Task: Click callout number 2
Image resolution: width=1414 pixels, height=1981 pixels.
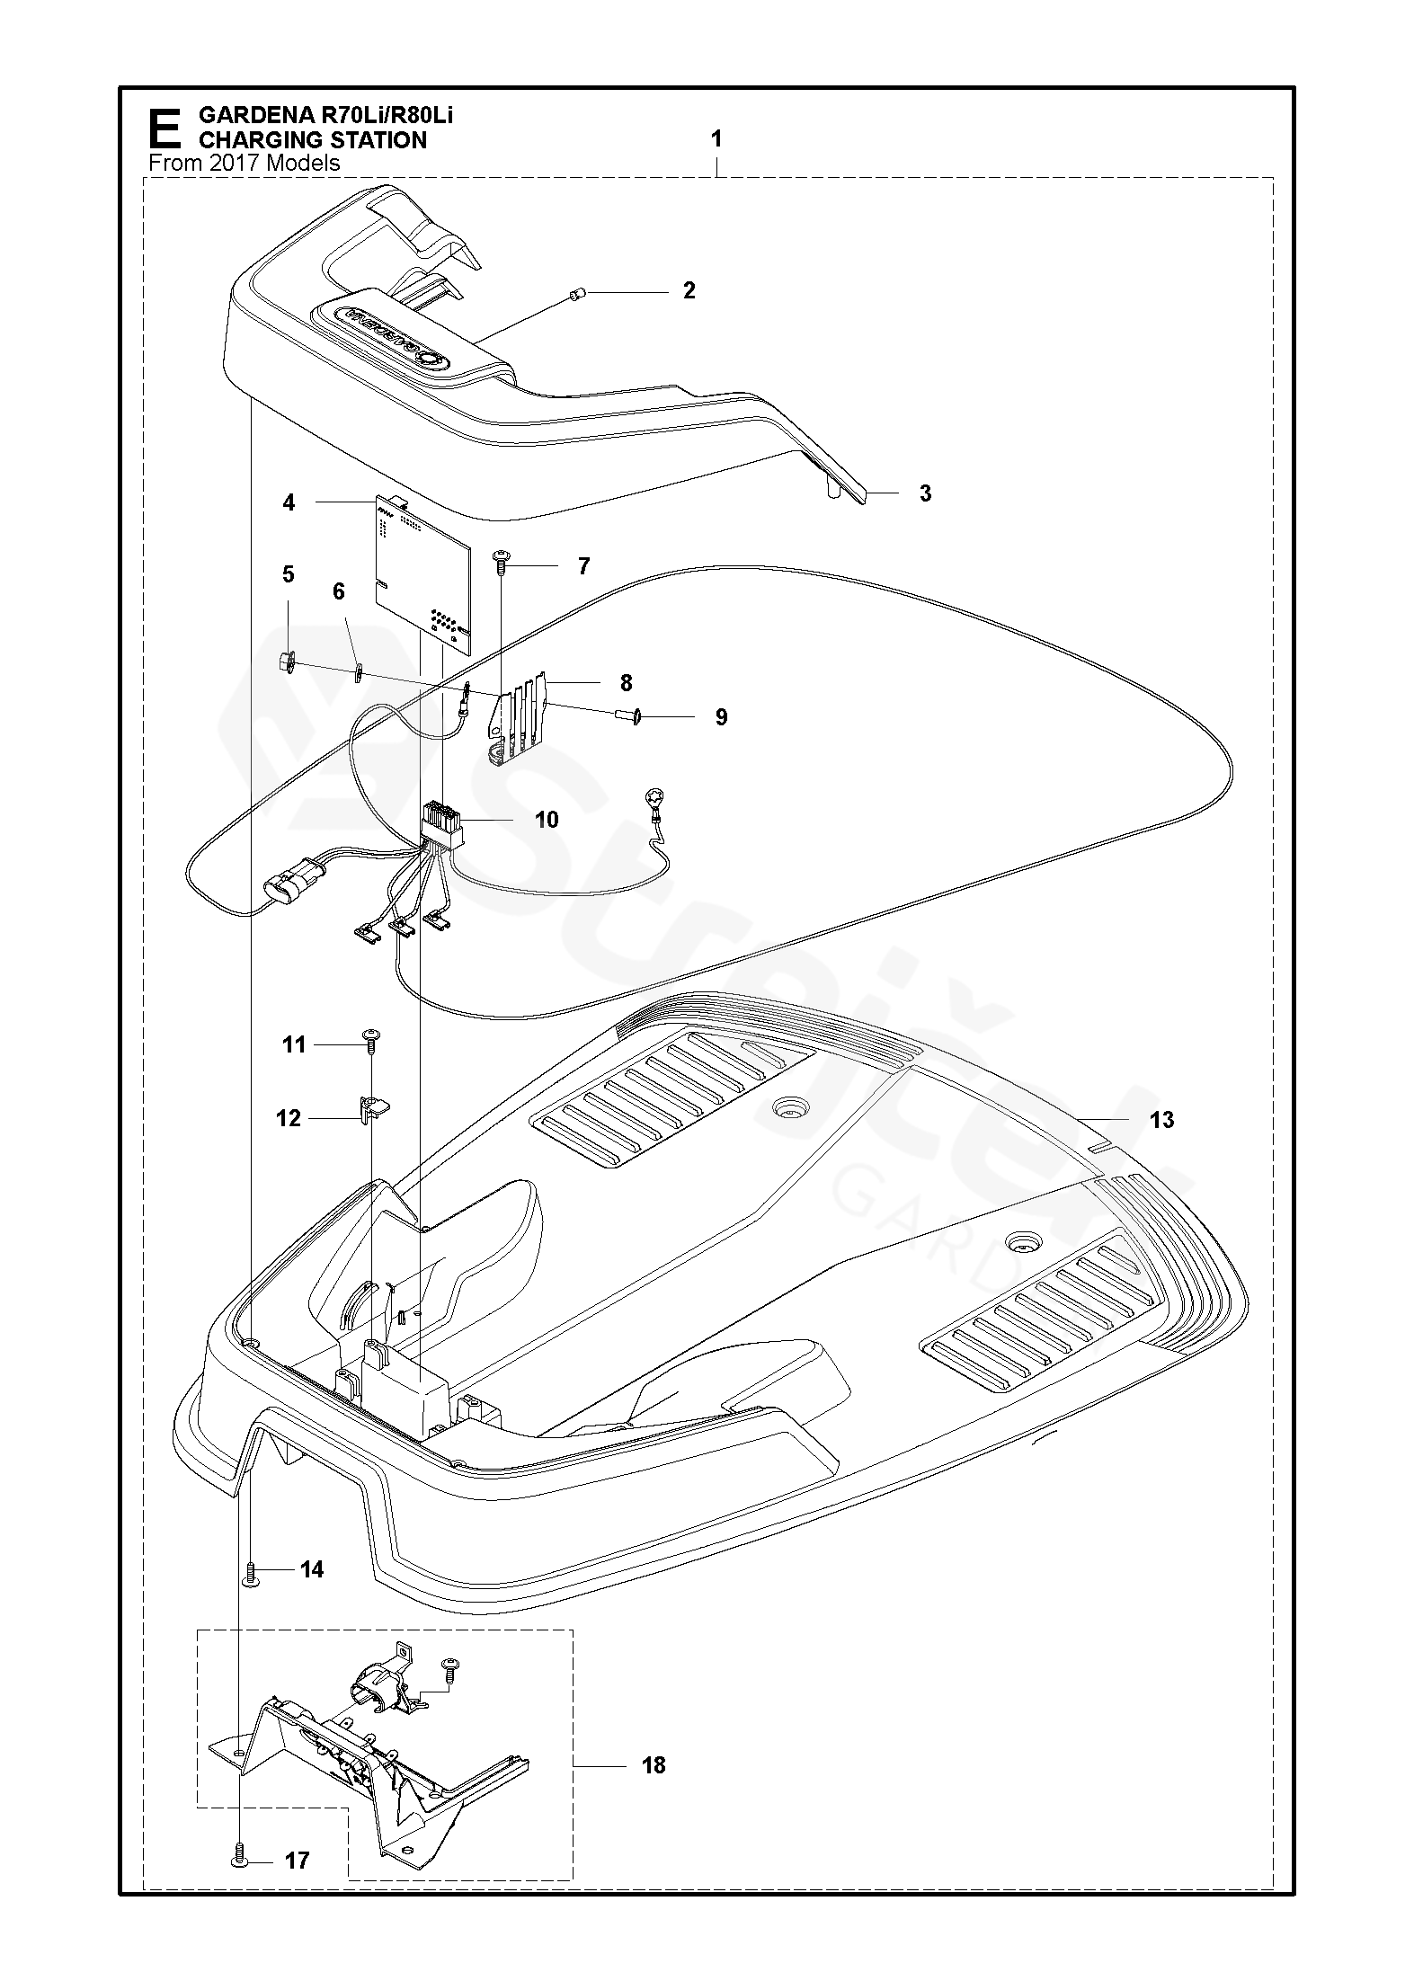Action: coord(689,290)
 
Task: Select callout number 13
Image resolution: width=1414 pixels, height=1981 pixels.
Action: coord(1161,1119)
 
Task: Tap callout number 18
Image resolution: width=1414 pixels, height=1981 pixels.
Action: coord(654,1765)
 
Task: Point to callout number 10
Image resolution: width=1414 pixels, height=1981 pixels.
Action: coord(546,820)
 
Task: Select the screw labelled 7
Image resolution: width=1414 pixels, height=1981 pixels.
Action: coord(502,563)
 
